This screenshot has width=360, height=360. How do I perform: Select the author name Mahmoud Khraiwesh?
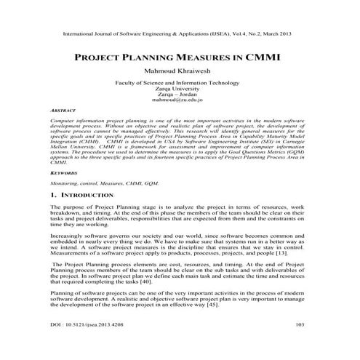tap(180, 73)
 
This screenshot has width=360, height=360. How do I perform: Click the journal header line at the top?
tap(180, 33)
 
